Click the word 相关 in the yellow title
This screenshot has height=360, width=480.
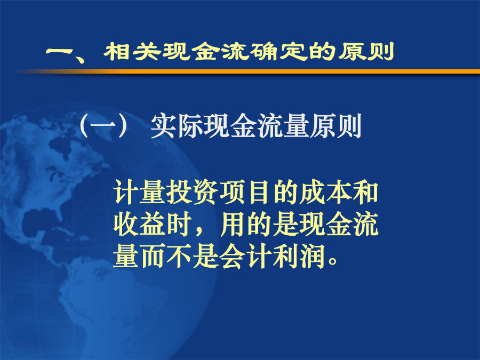pos(133,51)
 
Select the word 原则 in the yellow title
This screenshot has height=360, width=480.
pos(366,51)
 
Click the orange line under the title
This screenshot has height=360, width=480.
pos(245,71)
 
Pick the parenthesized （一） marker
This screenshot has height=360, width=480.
pos(103,125)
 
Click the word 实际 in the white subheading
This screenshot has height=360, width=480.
pos(177,125)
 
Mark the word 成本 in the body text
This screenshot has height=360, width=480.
pos(325,192)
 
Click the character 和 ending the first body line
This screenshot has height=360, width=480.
pos(365,192)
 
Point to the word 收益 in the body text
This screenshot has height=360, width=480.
pos(140,225)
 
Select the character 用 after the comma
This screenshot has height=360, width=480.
pos(233,225)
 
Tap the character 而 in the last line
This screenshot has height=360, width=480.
pos(153,257)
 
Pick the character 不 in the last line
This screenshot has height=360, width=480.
pos(179,257)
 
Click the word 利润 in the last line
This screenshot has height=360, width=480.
pos(299,257)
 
